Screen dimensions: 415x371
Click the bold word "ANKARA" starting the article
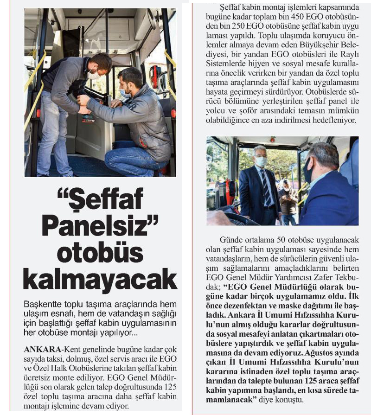[43, 349]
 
